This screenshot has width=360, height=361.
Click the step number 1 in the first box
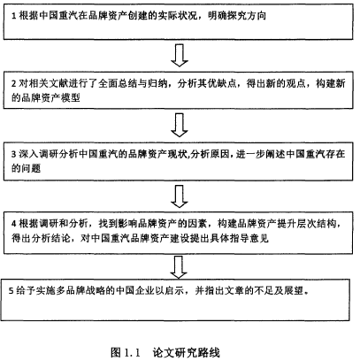(13, 16)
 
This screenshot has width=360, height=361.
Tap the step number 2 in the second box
(14, 84)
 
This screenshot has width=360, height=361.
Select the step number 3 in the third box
(14, 154)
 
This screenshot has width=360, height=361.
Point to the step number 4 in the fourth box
(14, 224)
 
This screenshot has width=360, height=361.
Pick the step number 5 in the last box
(11, 291)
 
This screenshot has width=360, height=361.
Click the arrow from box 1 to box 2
(180, 55)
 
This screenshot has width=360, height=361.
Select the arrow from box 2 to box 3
(180, 126)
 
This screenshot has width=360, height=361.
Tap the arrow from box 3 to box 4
(180, 196)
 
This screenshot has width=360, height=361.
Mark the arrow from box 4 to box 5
(179, 267)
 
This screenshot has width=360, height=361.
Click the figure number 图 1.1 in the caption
(125, 352)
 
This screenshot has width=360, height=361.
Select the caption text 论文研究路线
(186, 352)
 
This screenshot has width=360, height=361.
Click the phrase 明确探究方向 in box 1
(237, 16)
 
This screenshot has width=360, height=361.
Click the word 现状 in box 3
(178, 154)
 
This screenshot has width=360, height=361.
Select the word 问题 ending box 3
(31, 168)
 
